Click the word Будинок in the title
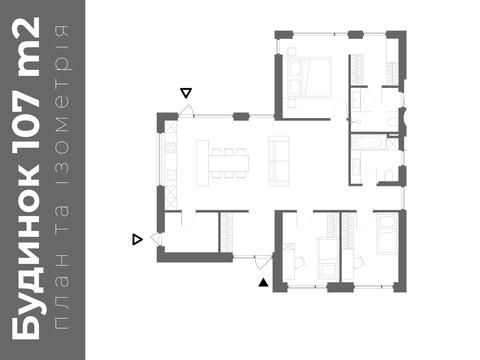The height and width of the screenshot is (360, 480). pos(26,253)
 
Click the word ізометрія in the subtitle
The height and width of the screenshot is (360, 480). pos(62,100)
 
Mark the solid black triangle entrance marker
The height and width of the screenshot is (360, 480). pos(263,282)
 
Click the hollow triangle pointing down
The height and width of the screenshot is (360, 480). pos(186,93)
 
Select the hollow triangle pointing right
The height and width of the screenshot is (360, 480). pos(137,239)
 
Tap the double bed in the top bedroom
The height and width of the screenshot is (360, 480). pos(307,77)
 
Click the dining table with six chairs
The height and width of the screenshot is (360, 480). pos(229,163)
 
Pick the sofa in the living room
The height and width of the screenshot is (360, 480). pos(278,161)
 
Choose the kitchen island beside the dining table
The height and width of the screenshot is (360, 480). pos(202,163)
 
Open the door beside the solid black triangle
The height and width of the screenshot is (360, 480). pos(263,262)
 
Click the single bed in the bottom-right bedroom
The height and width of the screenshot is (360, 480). pos(387,233)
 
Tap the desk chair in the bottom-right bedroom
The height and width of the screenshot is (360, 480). pos(358,262)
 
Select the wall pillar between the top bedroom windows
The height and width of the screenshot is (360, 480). pos(355,34)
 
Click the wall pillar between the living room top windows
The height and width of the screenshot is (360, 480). pos(241,116)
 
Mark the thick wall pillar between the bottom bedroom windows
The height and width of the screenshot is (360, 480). pos(340,287)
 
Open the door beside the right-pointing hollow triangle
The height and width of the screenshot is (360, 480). pos(156,239)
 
